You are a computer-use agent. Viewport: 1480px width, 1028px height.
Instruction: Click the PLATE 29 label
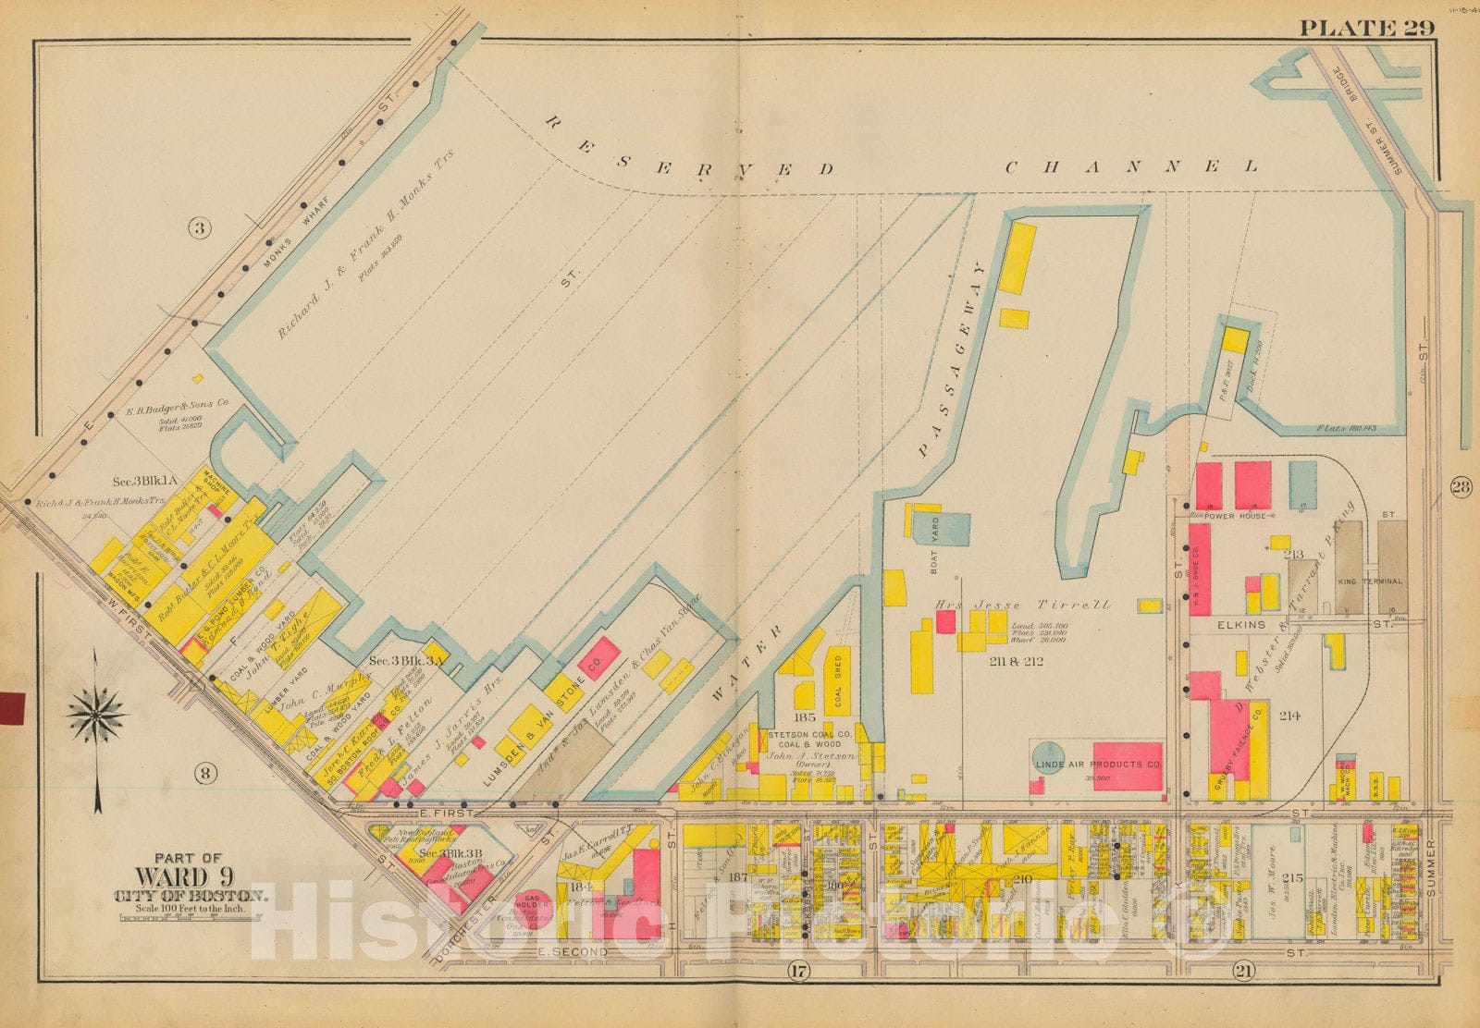coord(1366,27)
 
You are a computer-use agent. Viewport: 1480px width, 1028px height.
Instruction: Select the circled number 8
coord(205,775)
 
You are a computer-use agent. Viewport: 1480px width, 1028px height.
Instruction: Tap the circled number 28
coord(1461,488)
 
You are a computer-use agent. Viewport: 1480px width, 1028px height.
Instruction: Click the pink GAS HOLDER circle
coord(534,902)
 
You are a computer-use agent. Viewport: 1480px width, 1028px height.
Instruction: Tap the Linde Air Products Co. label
coord(1097,765)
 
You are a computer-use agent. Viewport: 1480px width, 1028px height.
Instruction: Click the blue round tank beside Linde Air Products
coord(1047,756)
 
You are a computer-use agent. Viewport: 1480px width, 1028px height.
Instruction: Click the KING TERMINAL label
coord(1369,581)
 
